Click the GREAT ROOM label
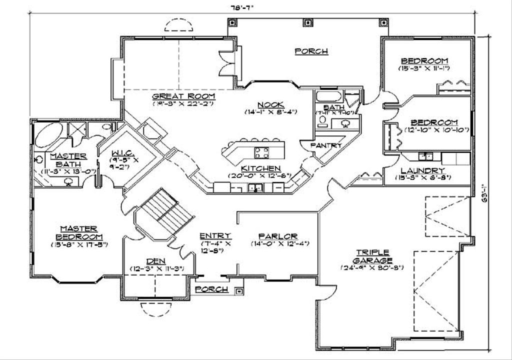(183, 95)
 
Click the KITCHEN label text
(260, 168)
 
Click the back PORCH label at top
(311, 51)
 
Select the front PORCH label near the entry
(211, 289)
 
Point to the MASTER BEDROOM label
(79, 232)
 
